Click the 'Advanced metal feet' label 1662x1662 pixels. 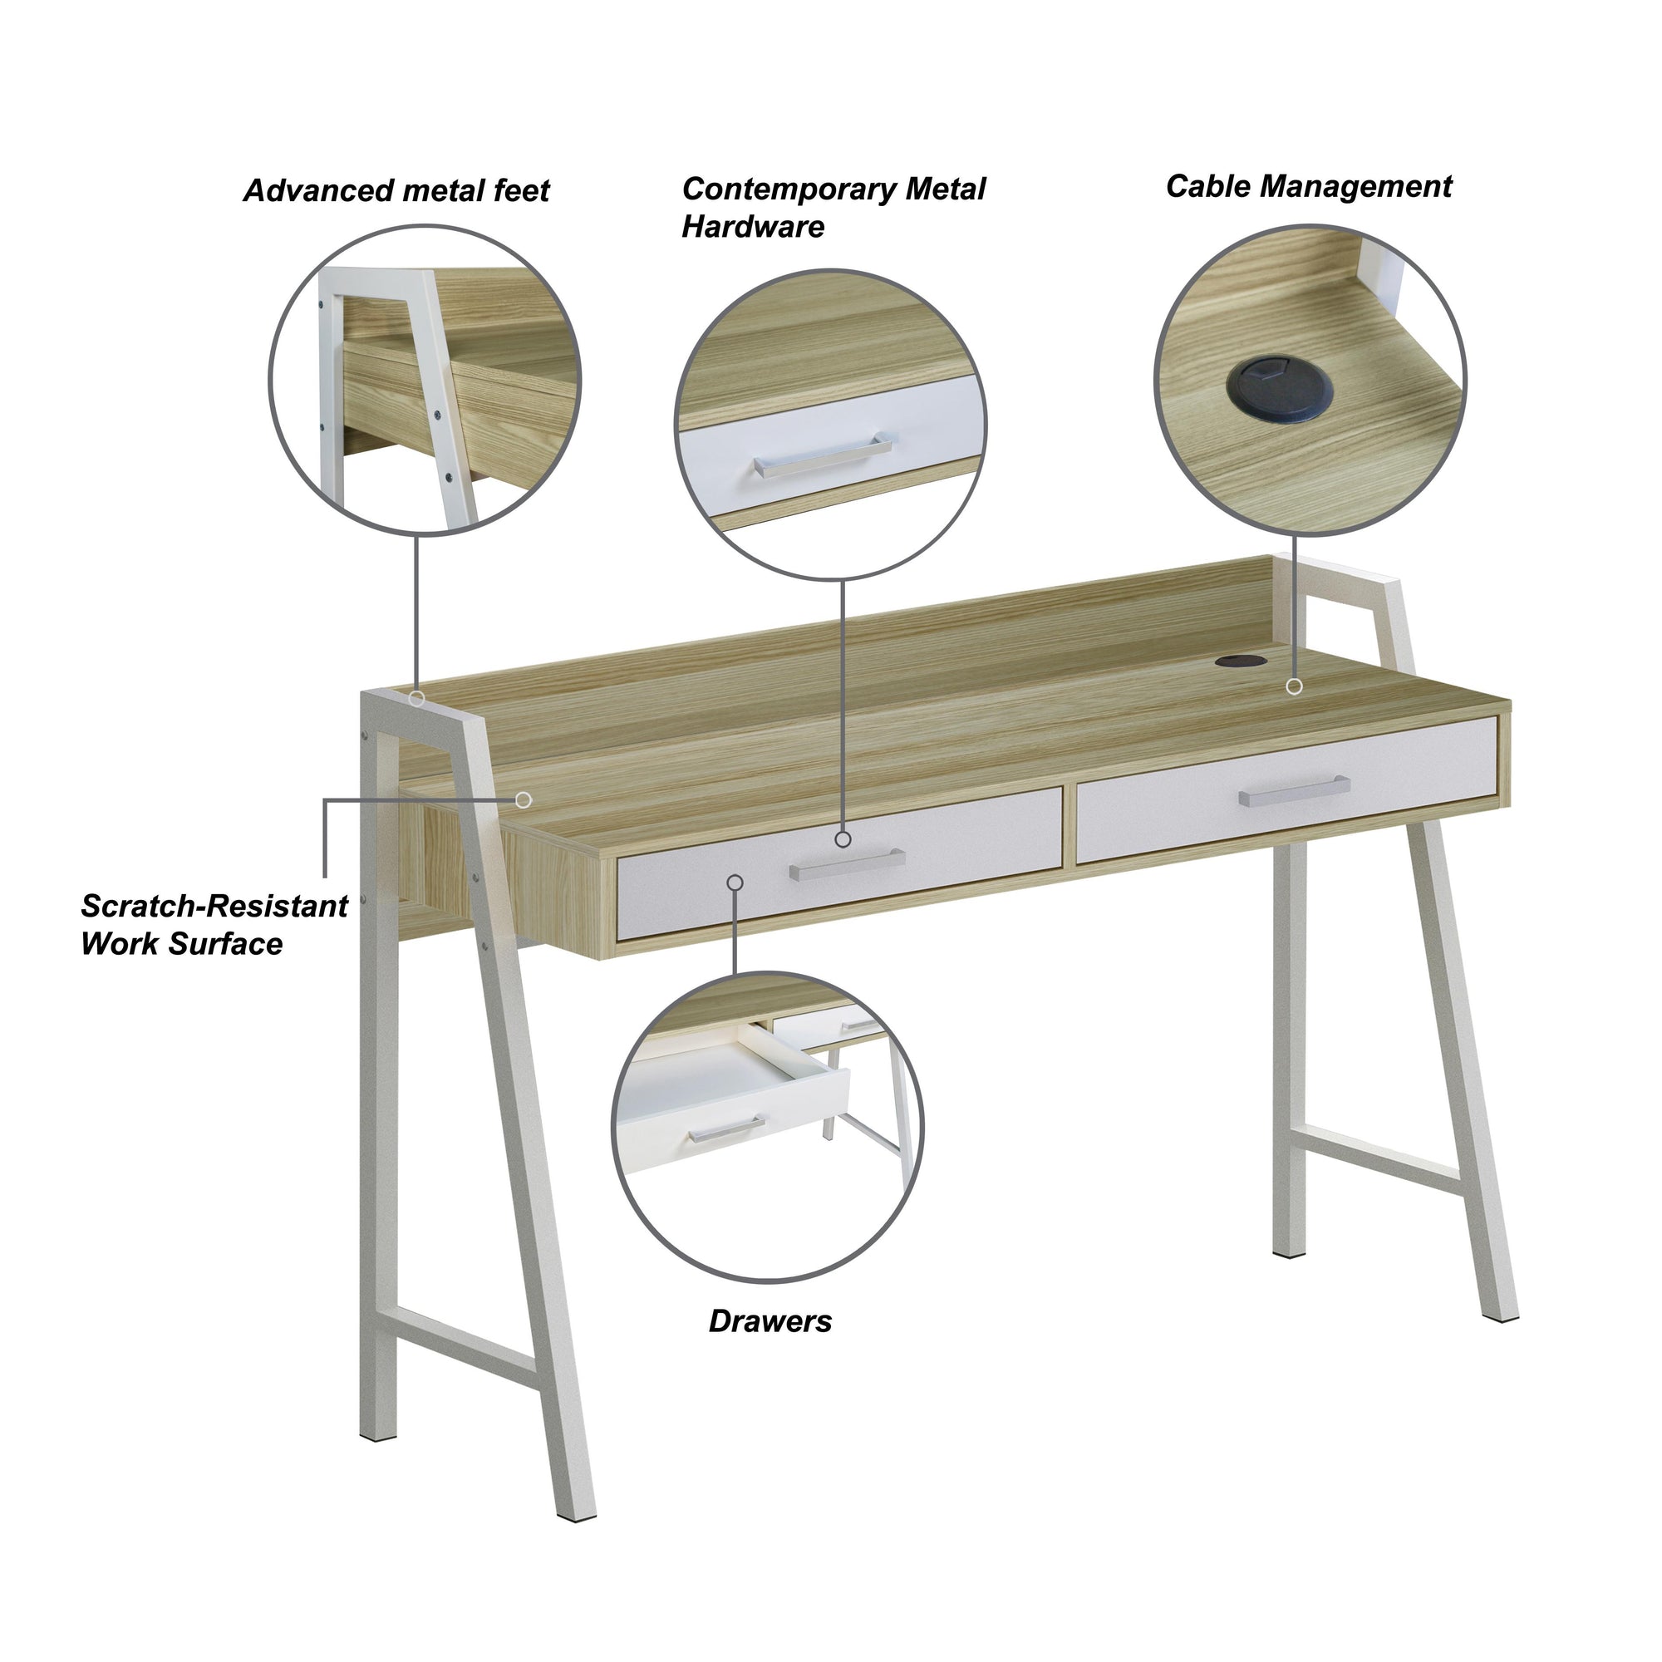pyautogui.click(x=396, y=190)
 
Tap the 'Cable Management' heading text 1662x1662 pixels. pyautogui.click(x=1309, y=187)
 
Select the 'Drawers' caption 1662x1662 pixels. pyautogui.click(x=770, y=1321)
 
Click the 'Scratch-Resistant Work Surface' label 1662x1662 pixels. pyautogui.click(x=214, y=925)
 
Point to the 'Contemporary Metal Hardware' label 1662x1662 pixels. pyautogui.click(x=833, y=207)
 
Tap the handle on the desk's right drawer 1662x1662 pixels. pyautogui.click(x=1294, y=790)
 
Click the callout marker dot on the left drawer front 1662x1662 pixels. pyautogui.click(x=735, y=883)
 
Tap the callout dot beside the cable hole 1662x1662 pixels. pyautogui.click(x=1294, y=686)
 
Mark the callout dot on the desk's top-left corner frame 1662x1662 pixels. pyautogui.click(x=416, y=699)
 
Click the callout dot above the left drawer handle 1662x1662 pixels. pyautogui.click(x=843, y=838)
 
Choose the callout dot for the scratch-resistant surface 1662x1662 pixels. pyautogui.click(x=523, y=800)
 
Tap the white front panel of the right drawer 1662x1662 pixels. pyautogui.click(x=1288, y=789)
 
